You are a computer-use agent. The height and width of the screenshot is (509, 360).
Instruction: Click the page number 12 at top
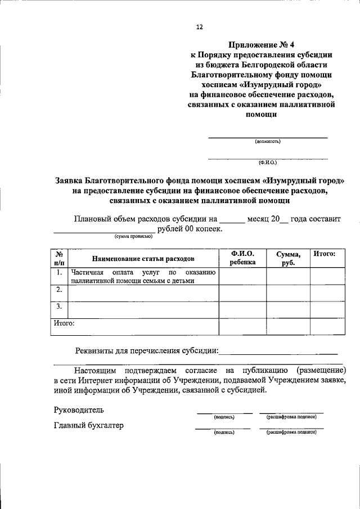pyautogui.click(x=199, y=26)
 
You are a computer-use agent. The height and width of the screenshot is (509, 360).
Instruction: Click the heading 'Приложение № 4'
pyautogui.click(x=261, y=45)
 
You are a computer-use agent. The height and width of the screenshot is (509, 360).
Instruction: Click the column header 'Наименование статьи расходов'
pyautogui.click(x=143, y=259)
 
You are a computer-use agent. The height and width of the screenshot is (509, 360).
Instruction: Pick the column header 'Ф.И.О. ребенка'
pyautogui.click(x=242, y=258)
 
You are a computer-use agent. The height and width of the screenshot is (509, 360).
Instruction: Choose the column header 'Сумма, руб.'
pyautogui.click(x=289, y=259)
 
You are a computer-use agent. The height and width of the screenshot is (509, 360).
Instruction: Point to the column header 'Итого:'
pyautogui.click(x=325, y=254)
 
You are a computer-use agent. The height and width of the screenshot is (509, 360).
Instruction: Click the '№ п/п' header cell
pyautogui.click(x=59, y=259)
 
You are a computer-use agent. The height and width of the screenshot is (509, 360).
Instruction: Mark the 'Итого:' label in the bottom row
pyautogui.click(x=64, y=323)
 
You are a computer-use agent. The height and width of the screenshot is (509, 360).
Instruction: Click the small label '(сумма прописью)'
pyautogui.click(x=133, y=237)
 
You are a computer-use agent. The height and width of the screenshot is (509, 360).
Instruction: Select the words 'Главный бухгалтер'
pyautogui.click(x=88, y=425)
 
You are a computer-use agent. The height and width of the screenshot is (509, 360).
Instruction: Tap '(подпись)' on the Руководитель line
pyautogui.click(x=224, y=417)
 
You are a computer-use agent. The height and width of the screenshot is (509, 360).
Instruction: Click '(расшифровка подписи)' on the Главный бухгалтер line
pyautogui.click(x=291, y=432)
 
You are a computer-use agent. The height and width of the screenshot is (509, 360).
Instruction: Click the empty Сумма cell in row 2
pyautogui.click(x=289, y=293)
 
